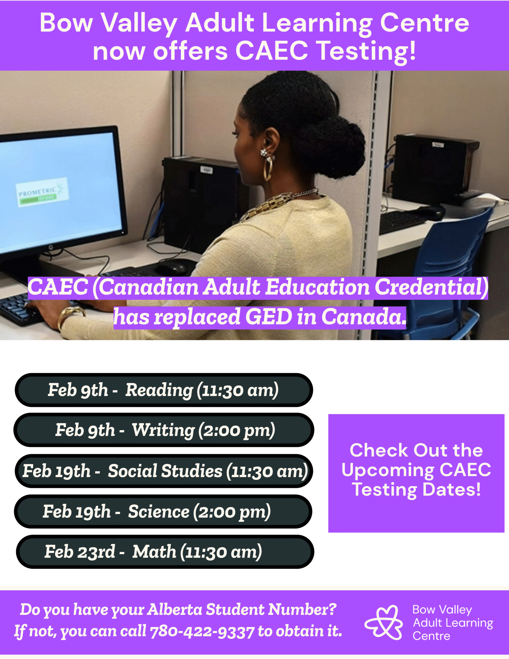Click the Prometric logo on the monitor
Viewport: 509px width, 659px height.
[42, 192]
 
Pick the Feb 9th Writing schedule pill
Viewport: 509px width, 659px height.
[163, 430]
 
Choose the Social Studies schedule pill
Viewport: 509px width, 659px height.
[163, 471]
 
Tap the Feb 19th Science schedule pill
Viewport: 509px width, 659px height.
[163, 511]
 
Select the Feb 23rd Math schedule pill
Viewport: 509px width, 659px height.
[165, 552]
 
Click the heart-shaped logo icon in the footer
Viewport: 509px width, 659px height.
[383, 622]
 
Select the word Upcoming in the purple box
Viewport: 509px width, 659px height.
[388, 470]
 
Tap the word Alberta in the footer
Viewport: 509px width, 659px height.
[175, 610]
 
